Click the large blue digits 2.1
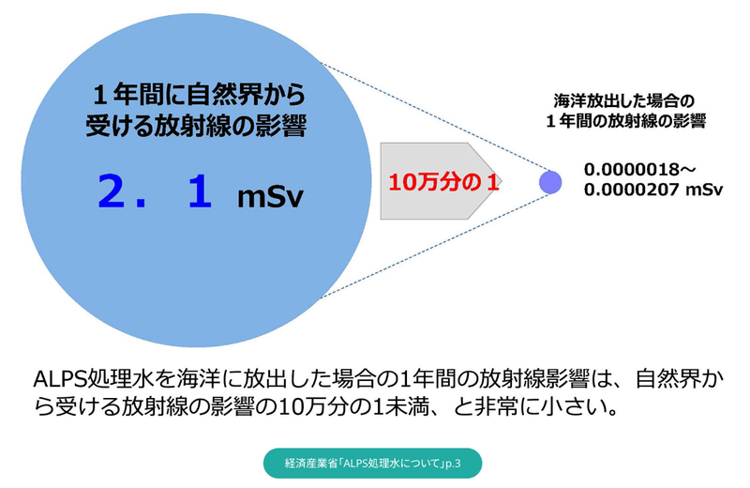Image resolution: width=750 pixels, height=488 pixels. (155, 192)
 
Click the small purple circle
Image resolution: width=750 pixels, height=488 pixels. (549, 182)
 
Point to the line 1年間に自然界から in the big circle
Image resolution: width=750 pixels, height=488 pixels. (199, 96)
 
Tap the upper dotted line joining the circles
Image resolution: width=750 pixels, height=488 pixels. (431, 117)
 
